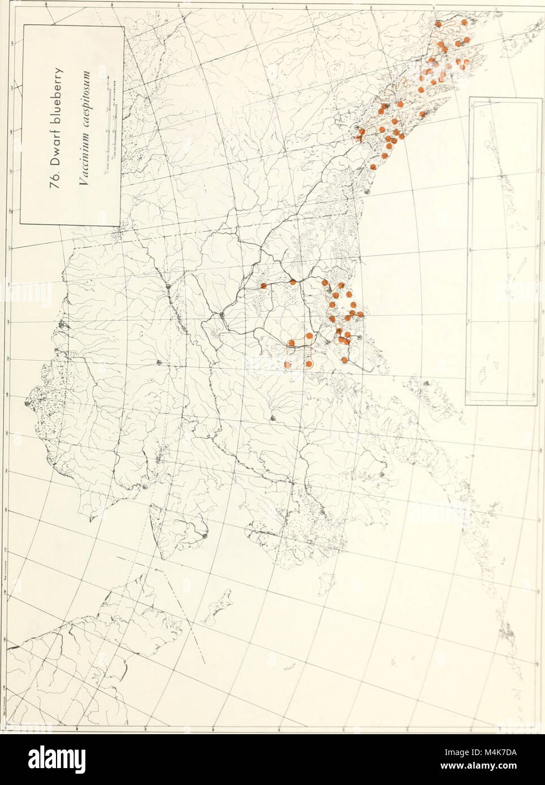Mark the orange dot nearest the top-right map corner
tap(464, 22)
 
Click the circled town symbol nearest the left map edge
tap(27, 403)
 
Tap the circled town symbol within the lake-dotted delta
tap(323, 513)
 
